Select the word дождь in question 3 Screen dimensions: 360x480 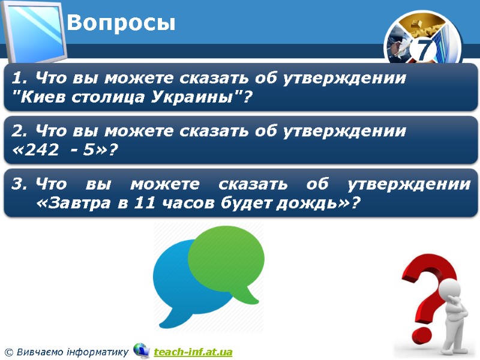click(312, 203)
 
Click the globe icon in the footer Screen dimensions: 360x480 click(142, 350)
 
